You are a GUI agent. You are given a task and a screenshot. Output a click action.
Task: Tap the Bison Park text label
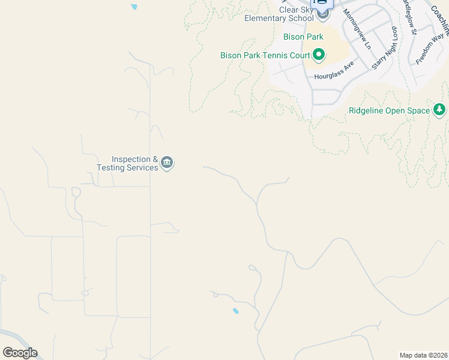click(303, 37)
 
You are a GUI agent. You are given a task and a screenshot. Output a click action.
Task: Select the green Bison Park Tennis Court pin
click(319, 56)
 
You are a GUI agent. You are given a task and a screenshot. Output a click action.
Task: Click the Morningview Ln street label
click(357, 29)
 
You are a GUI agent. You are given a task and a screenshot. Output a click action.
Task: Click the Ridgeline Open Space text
click(389, 111)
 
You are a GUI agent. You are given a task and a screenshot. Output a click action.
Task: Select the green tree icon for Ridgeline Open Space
click(440, 110)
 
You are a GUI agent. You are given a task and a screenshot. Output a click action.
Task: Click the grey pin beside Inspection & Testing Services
click(167, 163)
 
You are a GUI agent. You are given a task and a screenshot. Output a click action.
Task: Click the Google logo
click(20, 353)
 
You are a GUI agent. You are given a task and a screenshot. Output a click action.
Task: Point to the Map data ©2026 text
click(423, 355)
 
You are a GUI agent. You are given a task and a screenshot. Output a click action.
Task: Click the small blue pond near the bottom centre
click(235, 311)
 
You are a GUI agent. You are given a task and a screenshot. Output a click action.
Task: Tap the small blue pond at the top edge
click(133, 7)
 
